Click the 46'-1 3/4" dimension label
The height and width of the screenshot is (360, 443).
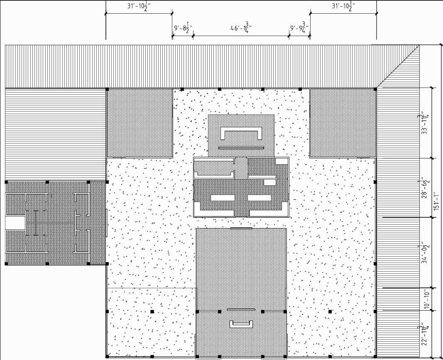pyautogui.click(x=241, y=28)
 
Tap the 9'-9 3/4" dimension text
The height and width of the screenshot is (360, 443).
pyautogui.click(x=299, y=29)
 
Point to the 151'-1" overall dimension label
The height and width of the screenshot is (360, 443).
pyautogui.click(x=436, y=201)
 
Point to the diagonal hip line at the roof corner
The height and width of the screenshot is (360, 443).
pyautogui.click(x=397, y=67)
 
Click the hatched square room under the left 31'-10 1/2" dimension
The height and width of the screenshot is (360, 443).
pyautogui.click(x=140, y=123)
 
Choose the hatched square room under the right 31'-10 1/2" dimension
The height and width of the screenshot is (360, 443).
pyautogui.click(x=343, y=123)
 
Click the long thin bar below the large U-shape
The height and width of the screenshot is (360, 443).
pyautogui.click(x=241, y=147)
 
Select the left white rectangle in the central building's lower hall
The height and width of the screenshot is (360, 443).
pyautogui.click(x=223, y=198)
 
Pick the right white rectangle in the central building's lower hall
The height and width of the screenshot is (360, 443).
pyautogui.click(x=259, y=198)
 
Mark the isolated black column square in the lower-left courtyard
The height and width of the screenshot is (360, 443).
pyautogui.click(x=152, y=311)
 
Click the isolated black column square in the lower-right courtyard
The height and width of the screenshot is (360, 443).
pyautogui.click(x=330, y=311)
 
